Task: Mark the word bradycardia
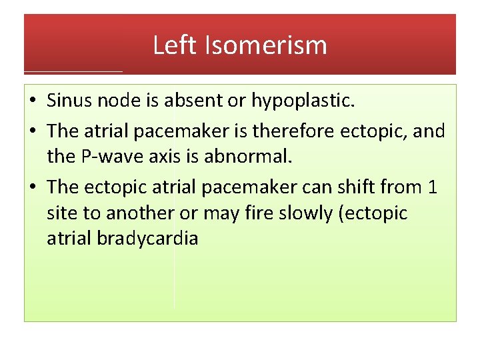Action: click(x=147, y=239)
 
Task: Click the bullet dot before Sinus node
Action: click(x=33, y=101)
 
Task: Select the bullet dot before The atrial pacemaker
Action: click(x=33, y=131)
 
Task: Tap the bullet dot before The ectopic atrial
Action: click(x=33, y=187)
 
